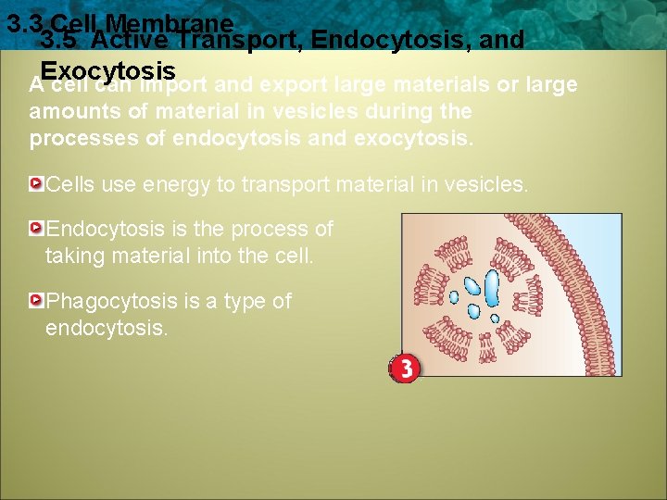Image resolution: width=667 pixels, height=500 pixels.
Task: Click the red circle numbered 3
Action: pos(404,369)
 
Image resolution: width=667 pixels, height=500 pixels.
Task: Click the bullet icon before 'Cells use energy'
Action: pos(36,184)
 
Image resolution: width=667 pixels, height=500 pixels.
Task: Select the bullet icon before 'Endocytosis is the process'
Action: pos(36,228)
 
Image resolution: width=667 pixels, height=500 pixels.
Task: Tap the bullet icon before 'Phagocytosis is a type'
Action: pos(36,301)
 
